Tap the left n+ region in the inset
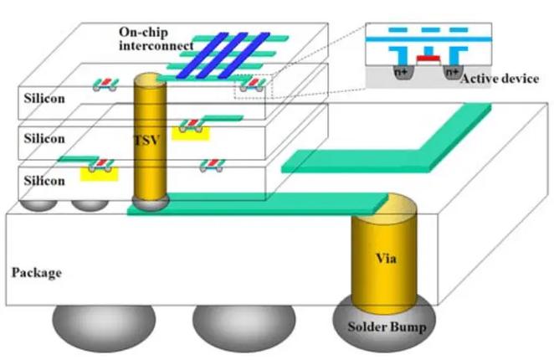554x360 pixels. pos(402,72)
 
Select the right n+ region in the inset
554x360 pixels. pos(452,72)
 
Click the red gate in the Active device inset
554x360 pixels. pos(427,59)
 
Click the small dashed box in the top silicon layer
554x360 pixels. pos(252,86)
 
